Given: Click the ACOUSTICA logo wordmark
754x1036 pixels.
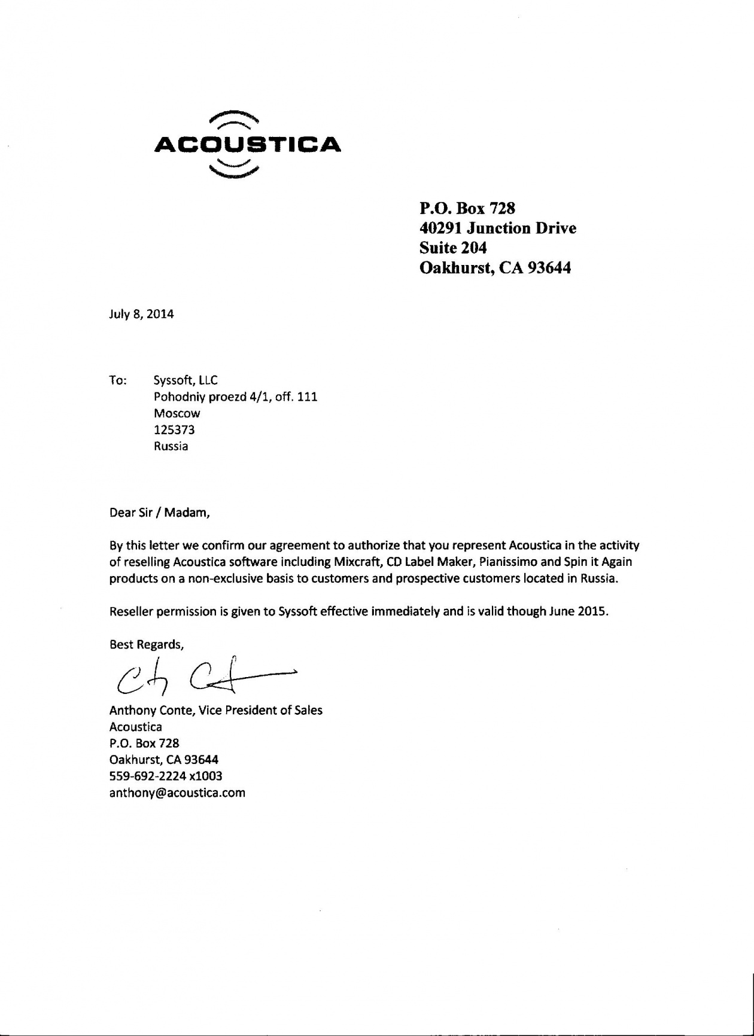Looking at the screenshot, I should coord(247,145).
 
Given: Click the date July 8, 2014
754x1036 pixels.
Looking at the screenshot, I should coord(141,314).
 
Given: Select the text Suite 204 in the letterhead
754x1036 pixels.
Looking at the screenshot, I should coord(453,248).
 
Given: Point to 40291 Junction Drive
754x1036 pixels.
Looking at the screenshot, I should coord(497,228).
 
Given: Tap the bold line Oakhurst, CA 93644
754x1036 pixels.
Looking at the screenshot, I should coord(495,267).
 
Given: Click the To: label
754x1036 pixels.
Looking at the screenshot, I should coord(118,380).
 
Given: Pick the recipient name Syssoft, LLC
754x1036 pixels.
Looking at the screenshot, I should coord(186,380).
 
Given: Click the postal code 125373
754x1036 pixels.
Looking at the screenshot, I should coord(174,429).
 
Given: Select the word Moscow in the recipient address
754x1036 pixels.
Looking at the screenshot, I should coord(177,413).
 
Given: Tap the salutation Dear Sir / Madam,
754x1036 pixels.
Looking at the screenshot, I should coord(160,513).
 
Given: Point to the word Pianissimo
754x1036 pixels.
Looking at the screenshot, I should coord(508,562).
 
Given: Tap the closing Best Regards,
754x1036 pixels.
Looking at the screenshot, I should coord(147,644).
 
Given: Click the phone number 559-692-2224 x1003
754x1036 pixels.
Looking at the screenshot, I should coord(166,776).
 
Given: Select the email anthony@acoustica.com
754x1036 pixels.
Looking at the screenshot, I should coord(177,793).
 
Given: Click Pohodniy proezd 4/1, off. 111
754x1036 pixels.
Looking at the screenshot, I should coord(235,397).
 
